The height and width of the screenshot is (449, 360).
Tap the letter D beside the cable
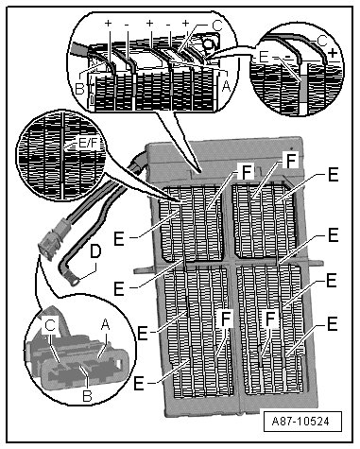(95, 252)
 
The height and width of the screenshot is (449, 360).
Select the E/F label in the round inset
(88, 144)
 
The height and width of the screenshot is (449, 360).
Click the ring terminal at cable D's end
(75, 281)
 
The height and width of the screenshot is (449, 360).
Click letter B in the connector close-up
(87, 395)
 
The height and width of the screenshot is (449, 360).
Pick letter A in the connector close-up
(106, 325)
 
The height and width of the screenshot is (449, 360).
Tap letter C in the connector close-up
(50, 325)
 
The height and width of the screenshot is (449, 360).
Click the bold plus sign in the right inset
(333, 53)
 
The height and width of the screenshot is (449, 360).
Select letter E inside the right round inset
(264, 57)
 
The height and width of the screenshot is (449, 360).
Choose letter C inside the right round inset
(321, 41)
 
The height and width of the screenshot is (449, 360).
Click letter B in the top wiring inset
(79, 89)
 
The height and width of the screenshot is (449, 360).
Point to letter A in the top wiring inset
(226, 85)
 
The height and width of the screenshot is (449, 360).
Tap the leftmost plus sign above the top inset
(109, 23)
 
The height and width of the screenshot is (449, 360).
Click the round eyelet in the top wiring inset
(208, 43)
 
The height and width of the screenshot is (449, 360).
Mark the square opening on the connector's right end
(119, 364)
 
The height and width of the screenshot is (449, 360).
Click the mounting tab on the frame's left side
(145, 270)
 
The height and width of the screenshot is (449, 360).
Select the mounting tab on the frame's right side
(315, 262)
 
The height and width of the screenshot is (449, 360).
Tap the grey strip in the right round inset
(303, 89)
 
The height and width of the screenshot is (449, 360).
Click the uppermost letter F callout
(291, 160)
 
